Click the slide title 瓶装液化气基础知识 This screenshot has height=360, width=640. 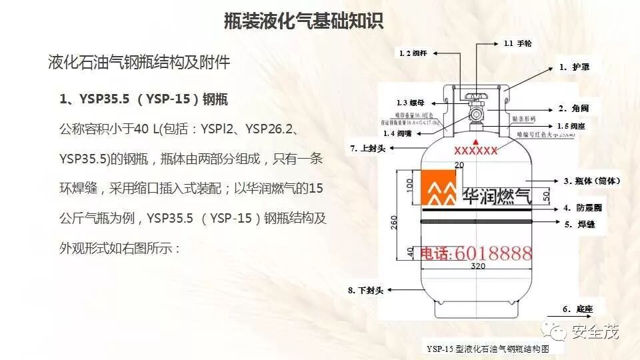(x=303, y=21)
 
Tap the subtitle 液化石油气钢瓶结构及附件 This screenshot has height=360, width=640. (x=139, y=63)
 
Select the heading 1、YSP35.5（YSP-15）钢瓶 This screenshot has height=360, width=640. (x=144, y=100)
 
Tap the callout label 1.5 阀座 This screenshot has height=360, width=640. (x=571, y=126)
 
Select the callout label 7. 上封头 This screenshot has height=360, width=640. (x=368, y=148)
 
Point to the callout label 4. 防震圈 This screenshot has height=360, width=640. (x=582, y=208)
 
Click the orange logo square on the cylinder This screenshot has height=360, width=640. (x=438, y=188)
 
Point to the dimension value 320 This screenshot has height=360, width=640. (x=476, y=267)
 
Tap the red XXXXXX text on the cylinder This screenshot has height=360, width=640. (x=475, y=151)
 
